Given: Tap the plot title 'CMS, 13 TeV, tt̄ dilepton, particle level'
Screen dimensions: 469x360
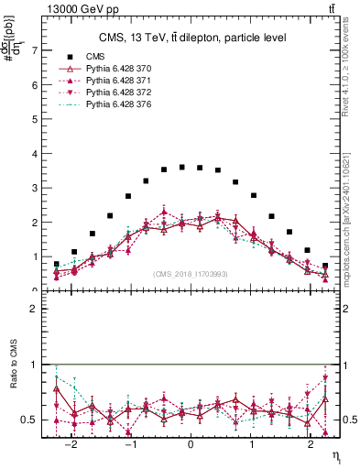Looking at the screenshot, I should pyautogui.click(x=191, y=38).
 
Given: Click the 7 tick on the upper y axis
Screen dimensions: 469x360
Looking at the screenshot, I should pyautogui.click(x=37, y=50).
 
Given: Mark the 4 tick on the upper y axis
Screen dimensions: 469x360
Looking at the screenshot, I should pyautogui.click(x=37, y=153).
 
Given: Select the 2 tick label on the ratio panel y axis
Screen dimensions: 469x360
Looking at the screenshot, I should pyautogui.click(x=37, y=309).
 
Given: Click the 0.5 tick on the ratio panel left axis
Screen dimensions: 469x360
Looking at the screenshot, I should pyautogui.click(x=33, y=420).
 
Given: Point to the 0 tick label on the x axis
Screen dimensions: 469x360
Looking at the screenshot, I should pyautogui.click(x=191, y=444).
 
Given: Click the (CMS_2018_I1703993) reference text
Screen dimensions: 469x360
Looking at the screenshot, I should pyautogui.click(x=191, y=274).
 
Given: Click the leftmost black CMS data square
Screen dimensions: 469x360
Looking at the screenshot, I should pyautogui.click(x=57, y=264).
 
